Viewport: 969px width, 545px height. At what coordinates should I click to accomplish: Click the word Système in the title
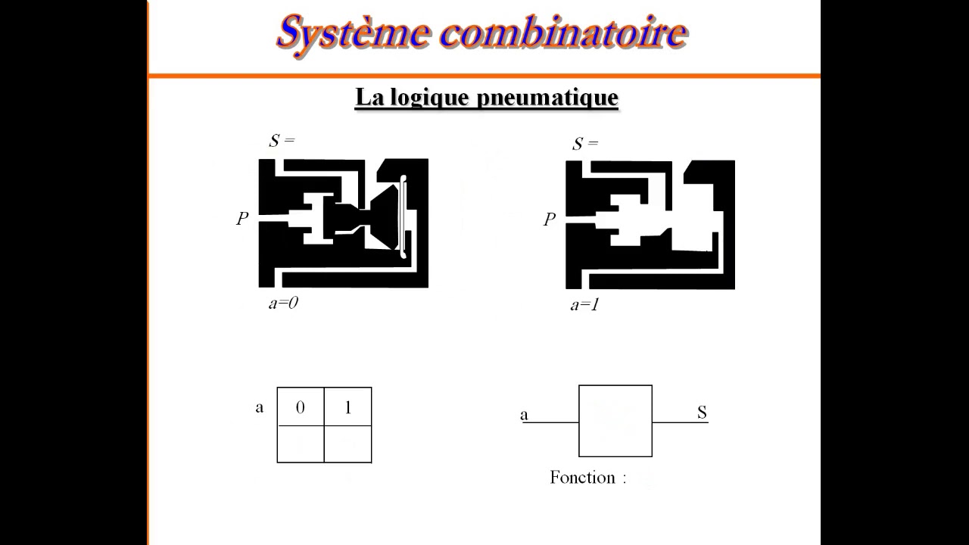(353, 33)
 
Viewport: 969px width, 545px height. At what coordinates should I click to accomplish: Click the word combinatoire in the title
(563, 33)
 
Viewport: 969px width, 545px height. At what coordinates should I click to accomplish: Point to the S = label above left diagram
(281, 141)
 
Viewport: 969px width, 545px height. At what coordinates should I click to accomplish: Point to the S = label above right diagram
(584, 143)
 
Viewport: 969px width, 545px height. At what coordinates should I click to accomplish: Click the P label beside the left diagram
(242, 219)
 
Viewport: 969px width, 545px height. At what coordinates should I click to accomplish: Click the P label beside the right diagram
(550, 220)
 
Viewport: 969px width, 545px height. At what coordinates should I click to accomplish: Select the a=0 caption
(283, 304)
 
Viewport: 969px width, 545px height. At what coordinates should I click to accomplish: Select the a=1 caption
(584, 305)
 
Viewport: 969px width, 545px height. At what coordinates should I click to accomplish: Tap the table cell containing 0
(301, 407)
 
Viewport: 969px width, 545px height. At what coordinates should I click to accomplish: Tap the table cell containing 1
(348, 407)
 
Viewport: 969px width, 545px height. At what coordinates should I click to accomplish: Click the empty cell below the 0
(301, 444)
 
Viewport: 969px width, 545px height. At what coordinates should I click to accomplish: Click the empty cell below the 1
(348, 444)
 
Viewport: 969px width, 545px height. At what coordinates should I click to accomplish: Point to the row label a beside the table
(260, 407)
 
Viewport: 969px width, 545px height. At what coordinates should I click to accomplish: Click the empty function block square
(615, 421)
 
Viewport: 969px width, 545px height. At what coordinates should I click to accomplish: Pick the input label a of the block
(524, 414)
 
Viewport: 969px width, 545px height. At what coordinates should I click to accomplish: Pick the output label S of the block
(702, 413)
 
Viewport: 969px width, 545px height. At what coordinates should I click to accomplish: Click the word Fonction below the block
(582, 478)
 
